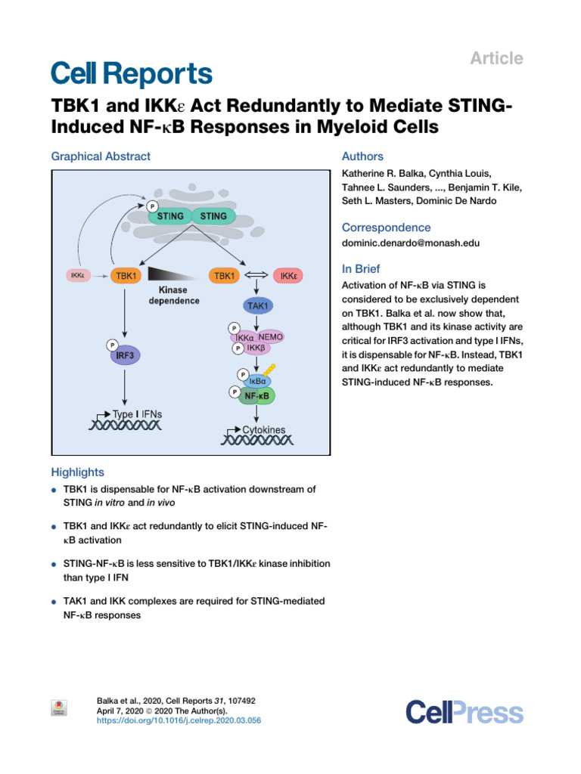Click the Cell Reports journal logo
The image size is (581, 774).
coord(132,74)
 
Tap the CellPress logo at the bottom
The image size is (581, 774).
coord(464,712)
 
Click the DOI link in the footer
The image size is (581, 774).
coord(179,720)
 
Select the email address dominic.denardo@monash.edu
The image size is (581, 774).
coord(411,243)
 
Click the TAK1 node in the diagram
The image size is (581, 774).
coord(258,306)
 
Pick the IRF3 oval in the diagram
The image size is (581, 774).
coord(125,355)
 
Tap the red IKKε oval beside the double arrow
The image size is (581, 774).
coord(288,275)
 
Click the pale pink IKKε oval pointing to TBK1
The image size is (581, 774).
coord(78,275)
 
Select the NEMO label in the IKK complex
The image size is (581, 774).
coord(270,337)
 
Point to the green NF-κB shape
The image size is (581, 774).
coord(256,396)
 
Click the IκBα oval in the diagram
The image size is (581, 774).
coord(257,381)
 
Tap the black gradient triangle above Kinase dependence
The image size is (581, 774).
coord(174,274)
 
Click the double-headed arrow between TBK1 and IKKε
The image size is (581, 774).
coord(256,275)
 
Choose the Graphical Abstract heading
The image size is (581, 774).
coord(101,156)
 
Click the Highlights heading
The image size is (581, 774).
coord(78,472)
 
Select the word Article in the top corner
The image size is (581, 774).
coord(496,58)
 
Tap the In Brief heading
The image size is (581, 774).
coord(361,269)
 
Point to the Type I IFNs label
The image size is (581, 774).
coord(138,414)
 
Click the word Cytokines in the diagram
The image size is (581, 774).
coord(264,430)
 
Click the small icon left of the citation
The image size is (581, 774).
coord(59,707)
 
